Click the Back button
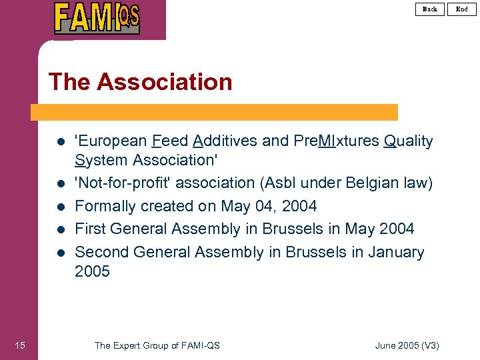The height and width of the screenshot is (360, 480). (430, 9)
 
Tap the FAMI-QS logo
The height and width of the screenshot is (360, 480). (97, 18)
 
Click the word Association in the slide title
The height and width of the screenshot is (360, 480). (165, 82)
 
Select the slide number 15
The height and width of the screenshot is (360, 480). (20, 345)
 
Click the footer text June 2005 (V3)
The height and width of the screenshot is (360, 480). (407, 345)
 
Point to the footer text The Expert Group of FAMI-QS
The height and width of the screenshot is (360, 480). (157, 345)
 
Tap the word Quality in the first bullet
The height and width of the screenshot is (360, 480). (409, 141)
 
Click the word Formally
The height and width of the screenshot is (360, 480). (104, 206)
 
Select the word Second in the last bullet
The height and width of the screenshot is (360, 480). (101, 252)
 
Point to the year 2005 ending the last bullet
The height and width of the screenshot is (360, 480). (92, 271)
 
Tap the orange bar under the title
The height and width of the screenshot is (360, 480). (217, 112)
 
